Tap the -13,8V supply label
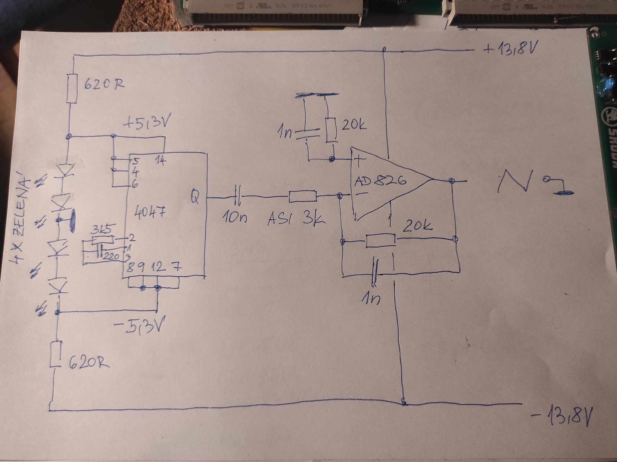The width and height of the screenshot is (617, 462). (x=562, y=417)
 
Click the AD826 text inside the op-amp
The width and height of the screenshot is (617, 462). (x=381, y=181)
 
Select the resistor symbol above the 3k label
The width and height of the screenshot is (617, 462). (x=303, y=196)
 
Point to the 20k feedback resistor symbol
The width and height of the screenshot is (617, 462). (x=381, y=241)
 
